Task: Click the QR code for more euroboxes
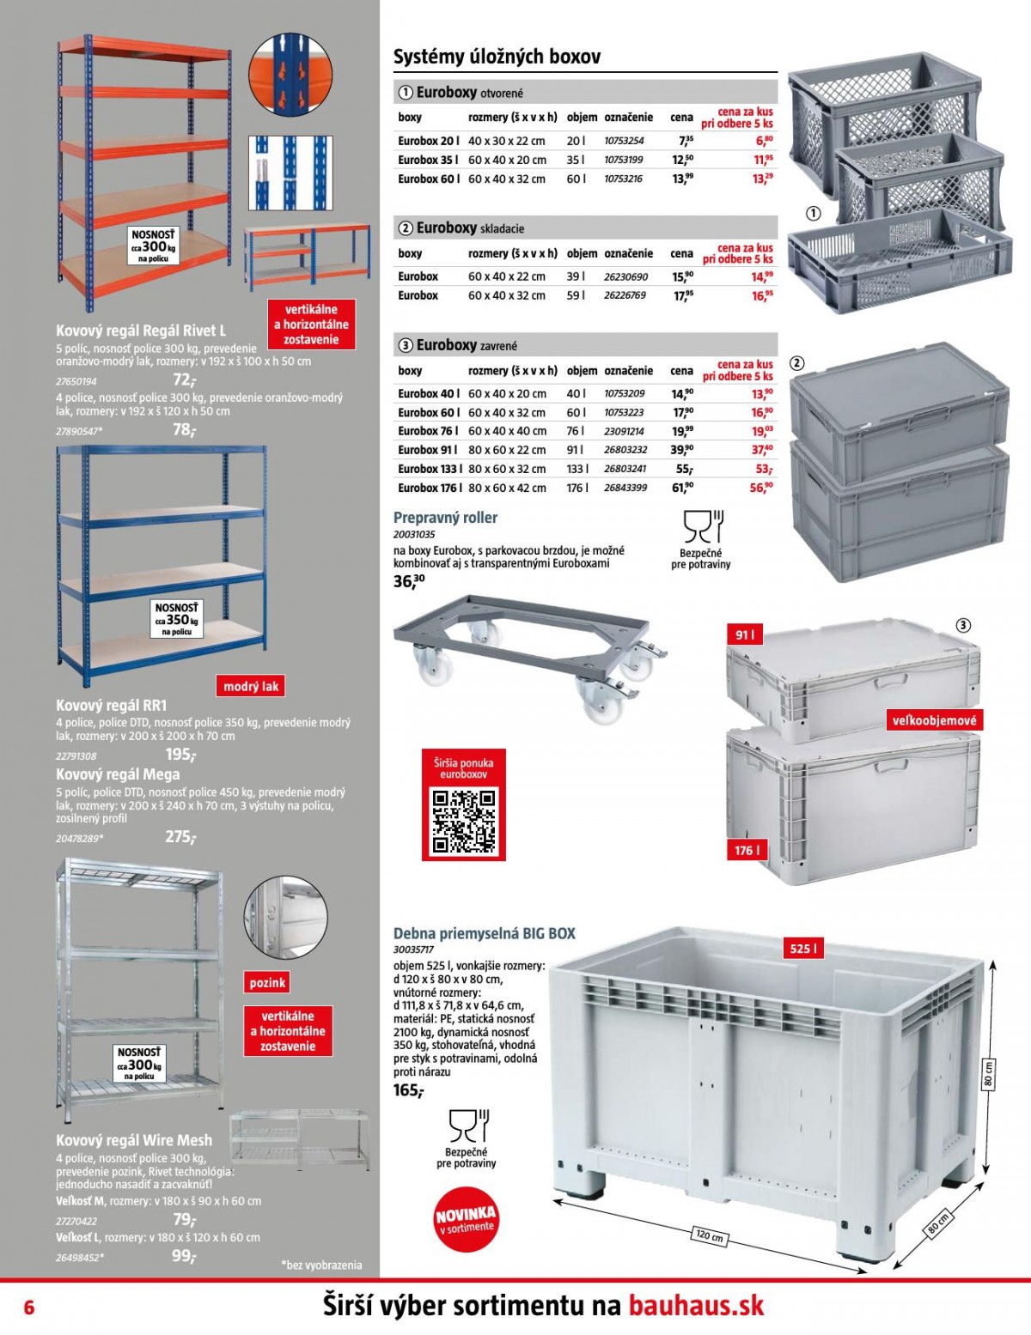464,822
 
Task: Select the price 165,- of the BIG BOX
408,1090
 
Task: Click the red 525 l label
803,949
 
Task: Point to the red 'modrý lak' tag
250,686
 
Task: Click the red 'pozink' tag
267,982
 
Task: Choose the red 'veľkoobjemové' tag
934,719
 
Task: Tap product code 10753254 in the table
624,141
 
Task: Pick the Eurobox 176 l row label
430,488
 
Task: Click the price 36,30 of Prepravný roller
409,580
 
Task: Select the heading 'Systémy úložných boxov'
497,58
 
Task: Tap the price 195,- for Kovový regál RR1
180,755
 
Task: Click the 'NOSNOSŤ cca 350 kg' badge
176,619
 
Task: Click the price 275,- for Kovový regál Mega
180,837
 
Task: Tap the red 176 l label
747,850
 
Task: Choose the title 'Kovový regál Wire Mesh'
134,1140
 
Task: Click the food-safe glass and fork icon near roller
704,527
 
